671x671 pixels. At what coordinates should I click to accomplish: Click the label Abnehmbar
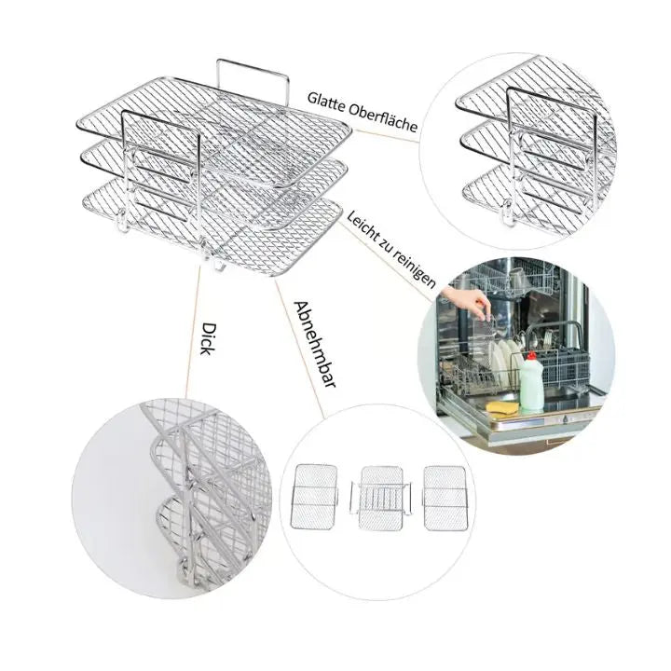point(314,343)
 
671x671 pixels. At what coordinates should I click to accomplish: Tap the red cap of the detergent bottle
point(532,356)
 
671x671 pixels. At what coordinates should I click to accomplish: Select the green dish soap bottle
point(532,384)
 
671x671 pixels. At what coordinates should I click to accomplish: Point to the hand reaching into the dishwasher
point(466,301)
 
